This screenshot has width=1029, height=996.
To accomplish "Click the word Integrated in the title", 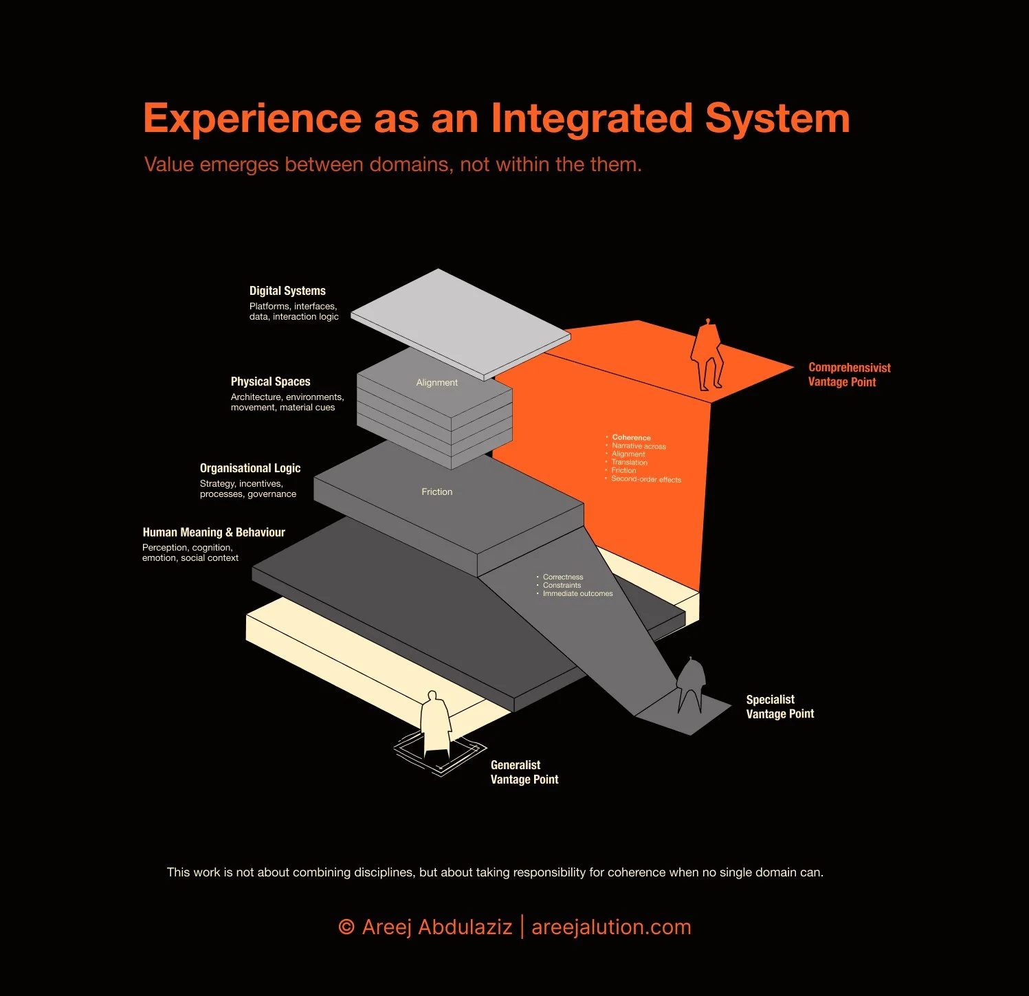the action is (x=591, y=118).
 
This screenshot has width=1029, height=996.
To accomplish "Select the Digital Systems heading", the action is (x=287, y=291).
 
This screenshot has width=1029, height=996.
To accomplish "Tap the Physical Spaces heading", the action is (x=270, y=381).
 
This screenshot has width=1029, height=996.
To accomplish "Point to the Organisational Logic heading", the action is (x=250, y=468).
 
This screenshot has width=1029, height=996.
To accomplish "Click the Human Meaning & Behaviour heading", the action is (x=214, y=532).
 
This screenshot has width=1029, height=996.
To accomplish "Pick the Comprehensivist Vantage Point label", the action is (x=849, y=375).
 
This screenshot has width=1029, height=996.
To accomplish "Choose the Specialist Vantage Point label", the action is (x=779, y=707).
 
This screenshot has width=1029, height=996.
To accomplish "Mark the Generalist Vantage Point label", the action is (x=524, y=772).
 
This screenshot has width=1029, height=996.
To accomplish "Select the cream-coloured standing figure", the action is (x=435, y=723).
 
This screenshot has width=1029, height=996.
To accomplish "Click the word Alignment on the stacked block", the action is (x=436, y=383).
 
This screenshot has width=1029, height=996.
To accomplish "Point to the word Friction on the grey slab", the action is (x=436, y=492).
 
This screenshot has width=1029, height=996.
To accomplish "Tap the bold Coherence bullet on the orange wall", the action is (x=631, y=438).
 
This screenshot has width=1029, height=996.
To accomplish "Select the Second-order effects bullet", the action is (x=645, y=479).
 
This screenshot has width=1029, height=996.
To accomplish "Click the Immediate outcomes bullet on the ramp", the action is (x=577, y=594).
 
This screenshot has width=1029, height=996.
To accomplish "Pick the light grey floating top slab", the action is (x=461, y=323).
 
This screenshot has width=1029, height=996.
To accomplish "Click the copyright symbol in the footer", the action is (x=346, y=927).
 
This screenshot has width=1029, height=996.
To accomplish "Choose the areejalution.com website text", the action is (x=611, y=927).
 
